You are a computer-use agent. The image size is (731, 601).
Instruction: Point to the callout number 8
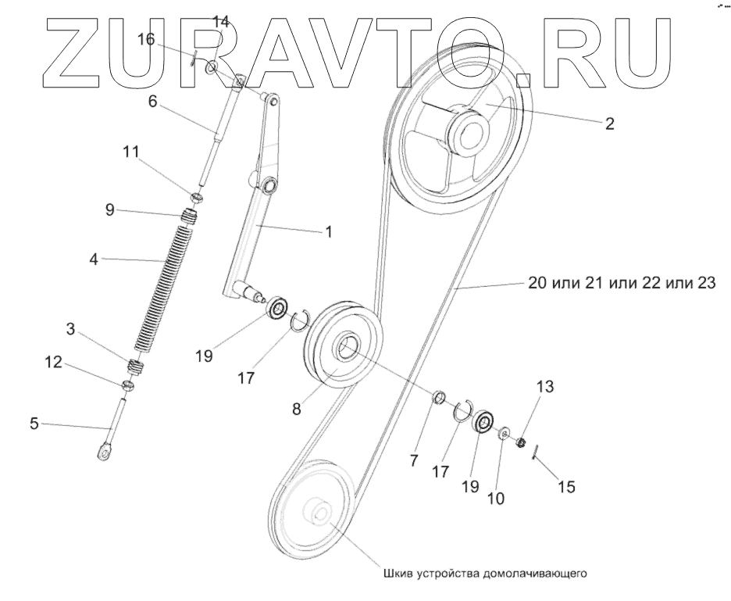coord(297,408)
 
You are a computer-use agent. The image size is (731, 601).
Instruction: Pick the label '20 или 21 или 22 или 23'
coord(620,284)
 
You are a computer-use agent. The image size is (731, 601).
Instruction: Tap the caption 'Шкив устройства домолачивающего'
coord(484,572)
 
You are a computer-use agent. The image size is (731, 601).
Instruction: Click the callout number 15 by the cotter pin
coord(566,487)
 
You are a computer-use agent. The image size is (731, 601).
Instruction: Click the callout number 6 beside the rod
coord(153,102)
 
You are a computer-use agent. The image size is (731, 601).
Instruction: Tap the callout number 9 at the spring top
coord(111,209)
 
